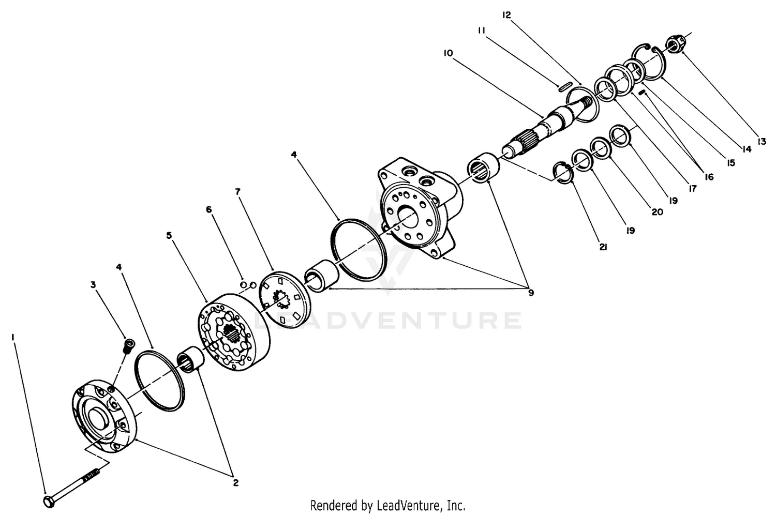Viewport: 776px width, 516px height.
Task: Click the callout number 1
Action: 13,337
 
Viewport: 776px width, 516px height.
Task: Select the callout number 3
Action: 93,285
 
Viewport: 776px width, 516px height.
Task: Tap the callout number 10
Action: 448,53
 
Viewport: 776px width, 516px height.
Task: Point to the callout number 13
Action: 762,141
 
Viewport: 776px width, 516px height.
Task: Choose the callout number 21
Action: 603,247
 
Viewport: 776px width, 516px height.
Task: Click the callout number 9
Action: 531,293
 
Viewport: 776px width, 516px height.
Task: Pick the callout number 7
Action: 237,191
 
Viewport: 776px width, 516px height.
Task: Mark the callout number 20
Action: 657,212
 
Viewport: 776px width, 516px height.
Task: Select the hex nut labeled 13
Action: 675,45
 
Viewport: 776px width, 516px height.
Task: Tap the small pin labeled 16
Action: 642,92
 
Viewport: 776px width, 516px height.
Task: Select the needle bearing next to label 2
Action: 190,359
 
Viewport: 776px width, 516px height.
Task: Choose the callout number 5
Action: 169,236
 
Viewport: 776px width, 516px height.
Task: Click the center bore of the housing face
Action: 410,216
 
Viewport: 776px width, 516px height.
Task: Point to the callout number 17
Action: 692,189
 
